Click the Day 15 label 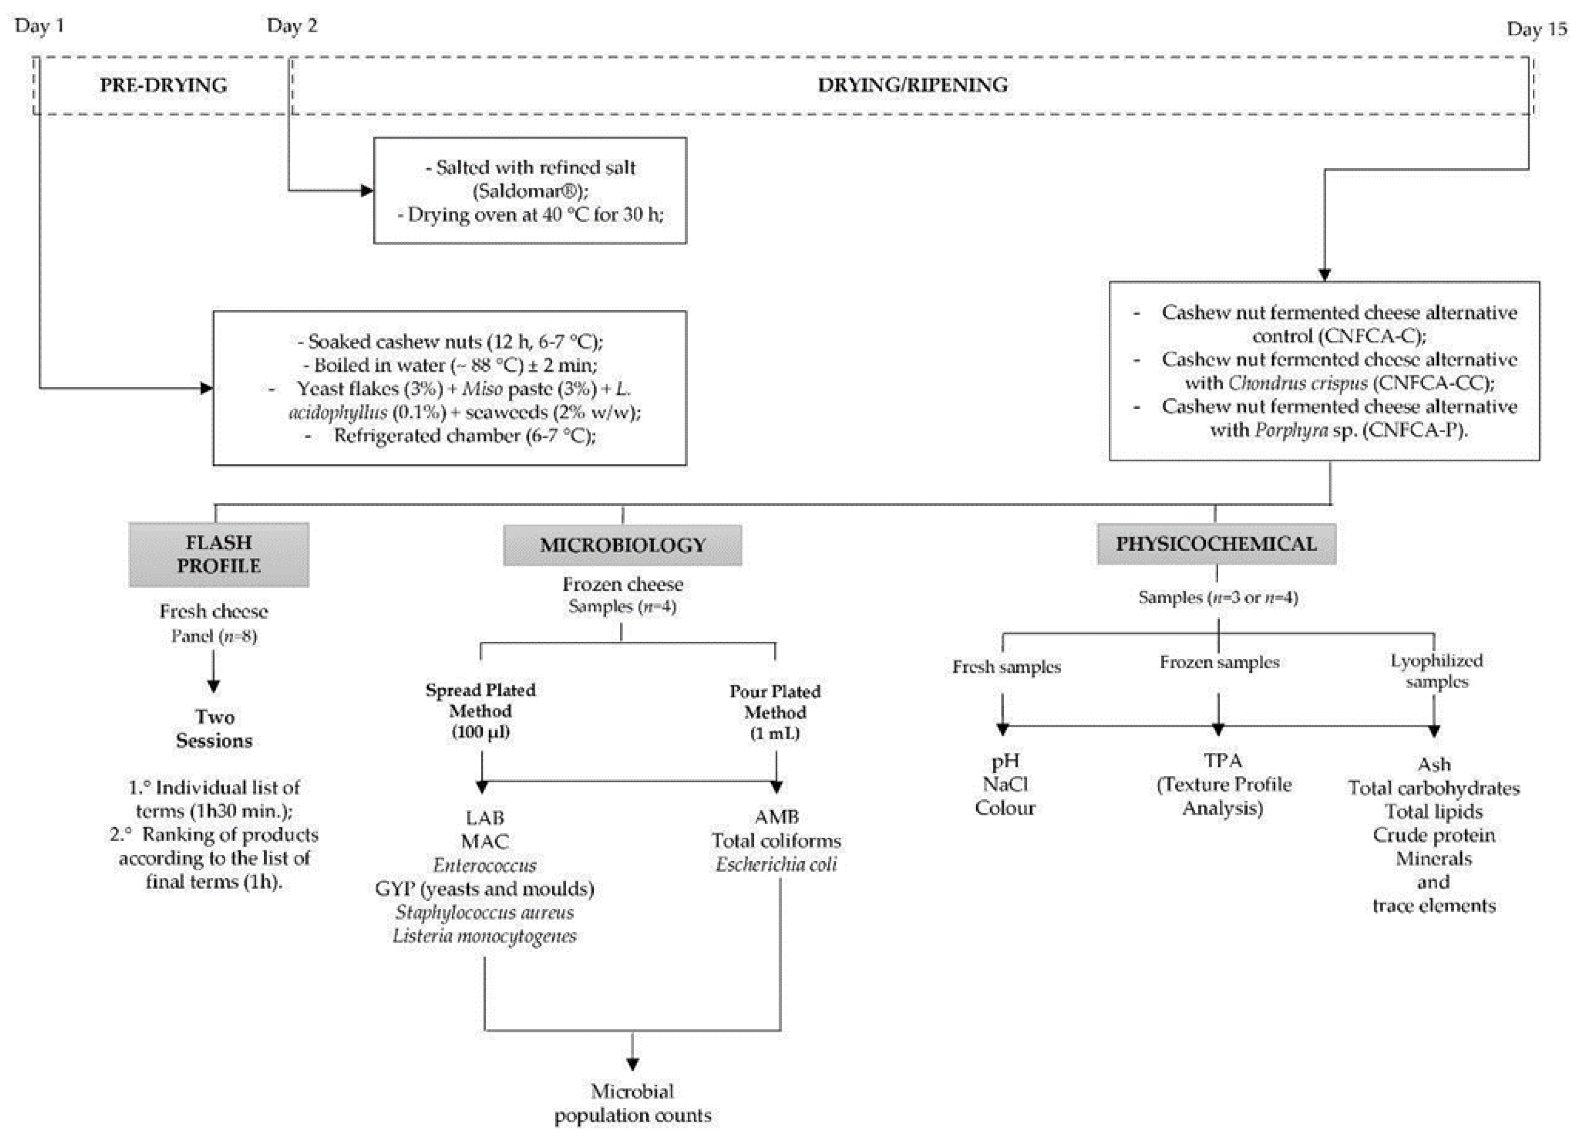1536,28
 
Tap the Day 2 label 291,26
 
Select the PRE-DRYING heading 163,85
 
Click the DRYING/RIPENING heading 912,85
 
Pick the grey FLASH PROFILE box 219,554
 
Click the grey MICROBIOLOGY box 622,544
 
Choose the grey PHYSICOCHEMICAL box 1216,544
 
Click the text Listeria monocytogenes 484,935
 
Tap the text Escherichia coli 776,864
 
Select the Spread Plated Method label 481,710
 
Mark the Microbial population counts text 633,1103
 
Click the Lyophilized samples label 1436,670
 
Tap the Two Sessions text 215,728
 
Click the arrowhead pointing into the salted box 367,190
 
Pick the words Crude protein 1434,834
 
